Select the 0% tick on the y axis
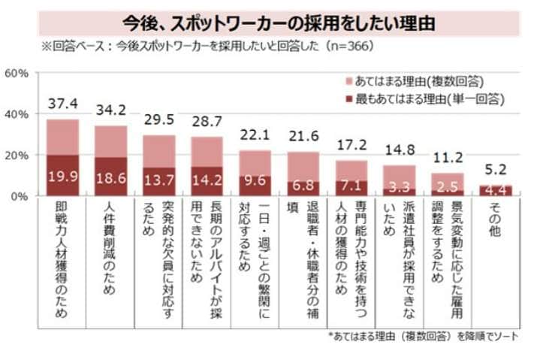point(20,196)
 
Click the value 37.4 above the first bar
point(62,102)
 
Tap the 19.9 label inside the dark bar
point(62,177)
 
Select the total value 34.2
point(110,110)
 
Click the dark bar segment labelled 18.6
point(110,177)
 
